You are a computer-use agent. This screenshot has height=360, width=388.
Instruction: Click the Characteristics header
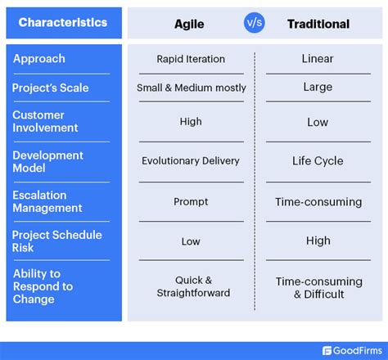pyautogui.click(x=63, y=22)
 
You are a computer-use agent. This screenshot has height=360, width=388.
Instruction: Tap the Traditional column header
pyautogui.click(x=317, y=23)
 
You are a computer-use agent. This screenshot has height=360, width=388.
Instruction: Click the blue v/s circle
pyautogui.click(x=255, y=23)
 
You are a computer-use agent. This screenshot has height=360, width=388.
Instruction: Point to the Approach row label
pyautogui.click(x=39, y=59)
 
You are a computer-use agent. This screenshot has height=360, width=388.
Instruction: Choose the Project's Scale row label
pyautogui.click(x=50, y=88)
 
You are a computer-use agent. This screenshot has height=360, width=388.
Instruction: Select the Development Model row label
pyautogui.click(x=47, y=161)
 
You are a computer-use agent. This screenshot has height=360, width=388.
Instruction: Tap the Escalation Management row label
pyautogui.click(x=47, y=201)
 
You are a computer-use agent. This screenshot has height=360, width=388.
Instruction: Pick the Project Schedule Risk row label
pyautogui.click(x=56, y=241)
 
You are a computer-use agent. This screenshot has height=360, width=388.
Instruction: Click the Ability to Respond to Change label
pyautogui.click(x=43, y=286)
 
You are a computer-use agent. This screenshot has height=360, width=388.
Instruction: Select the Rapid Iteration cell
pyautogui.click(x=191, y=59)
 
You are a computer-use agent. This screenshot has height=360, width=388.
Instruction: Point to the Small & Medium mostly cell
pyautogui.click(x=191, y=88)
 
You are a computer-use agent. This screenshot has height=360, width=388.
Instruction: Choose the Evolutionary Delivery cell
pyautogui.click(x=191, y=161)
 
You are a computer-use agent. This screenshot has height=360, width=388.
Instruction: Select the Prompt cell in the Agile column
pyautogui.click(x=191, y=201)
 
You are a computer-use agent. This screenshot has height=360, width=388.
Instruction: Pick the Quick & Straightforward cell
pyautogui.click(x=191, y=286)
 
